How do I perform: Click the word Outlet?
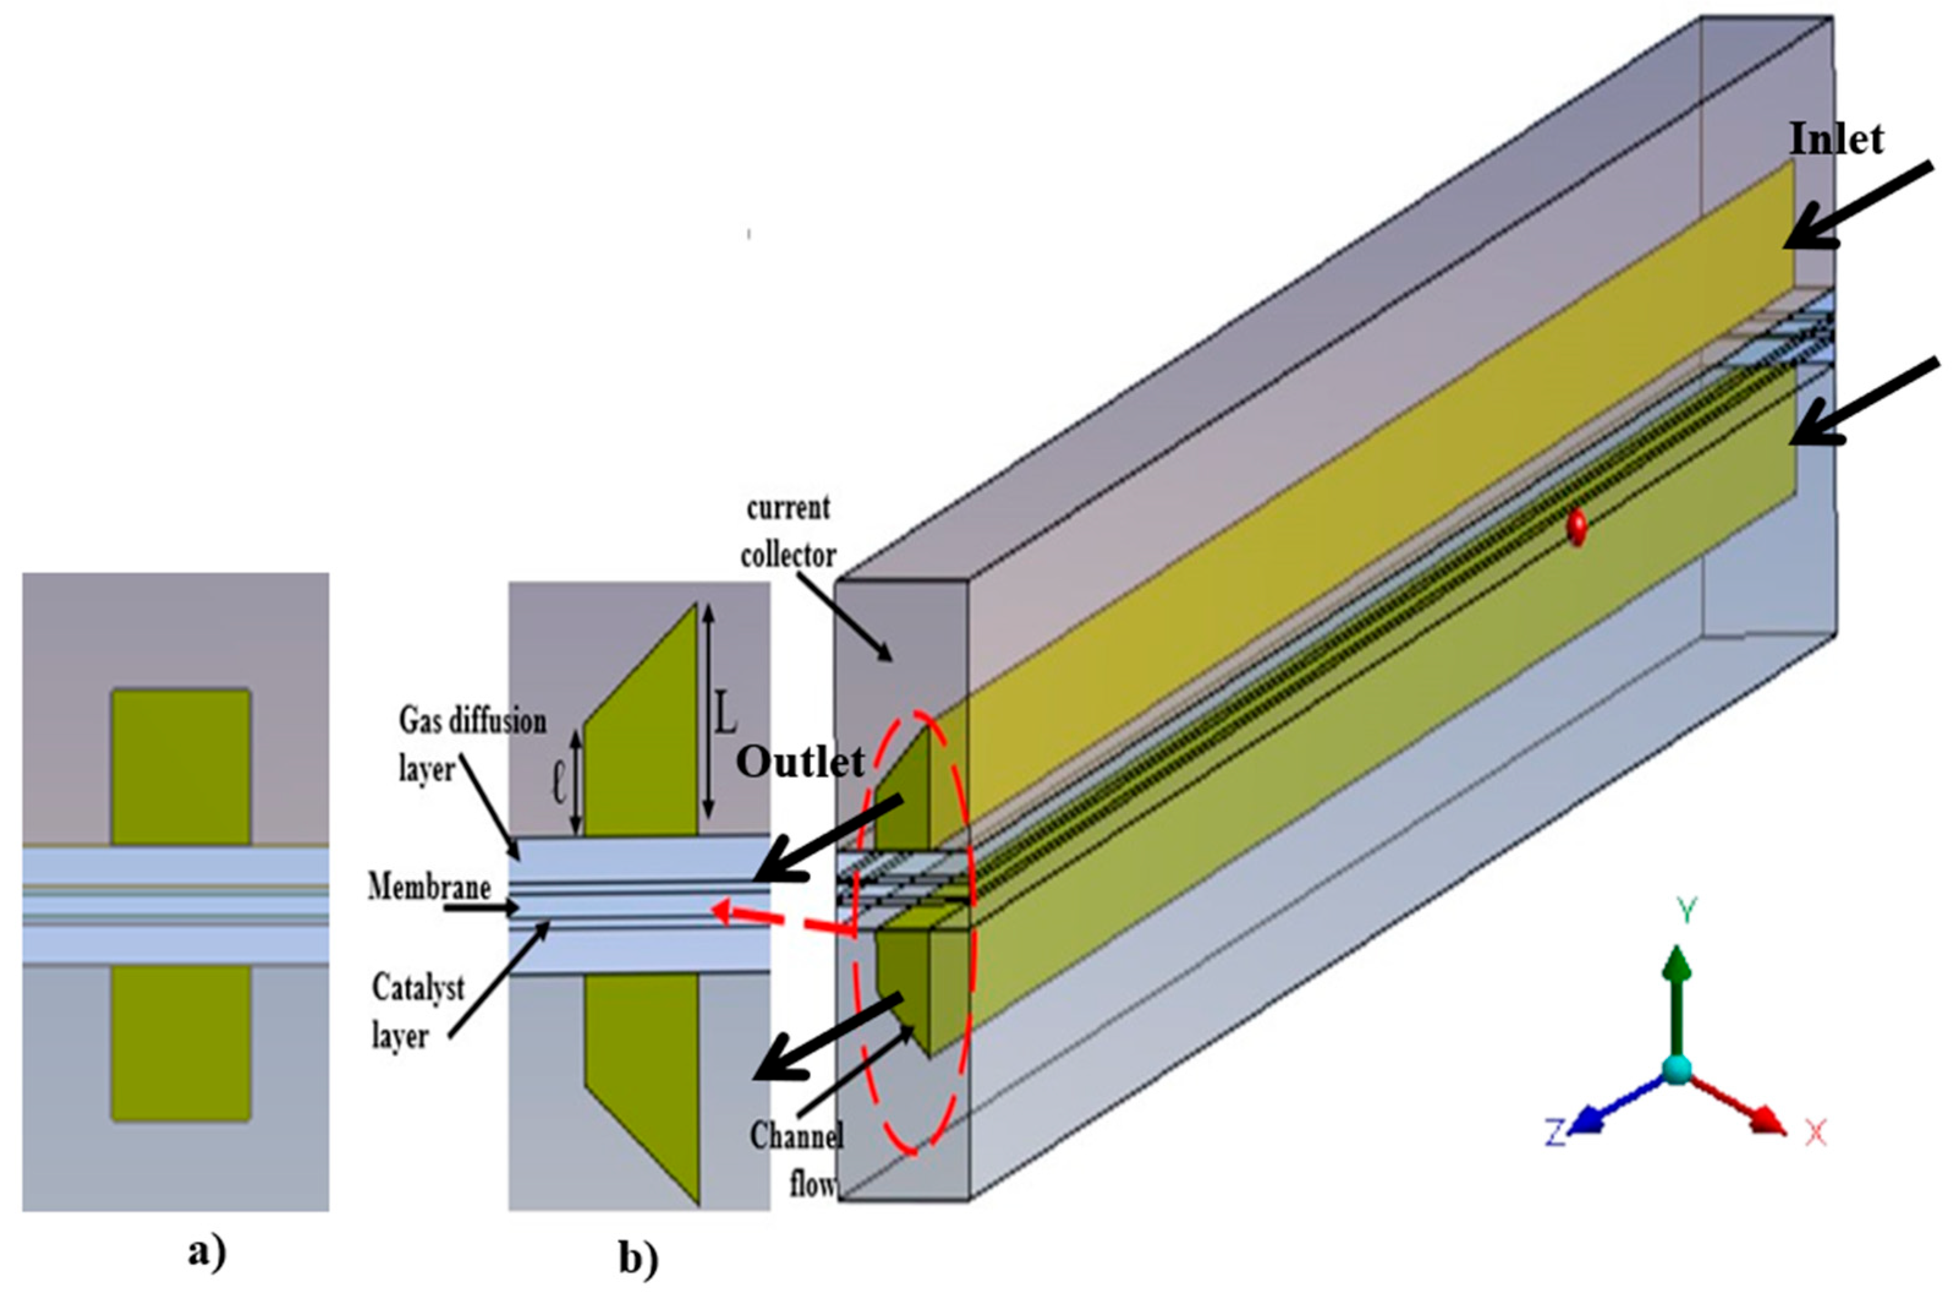(x=800, y=762)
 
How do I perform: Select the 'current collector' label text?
(x=788, y=531)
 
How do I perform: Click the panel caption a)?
(x=205, y=1253)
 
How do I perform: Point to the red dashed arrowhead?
(x=722, y=912)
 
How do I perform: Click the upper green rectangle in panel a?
(x=180, y=767)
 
